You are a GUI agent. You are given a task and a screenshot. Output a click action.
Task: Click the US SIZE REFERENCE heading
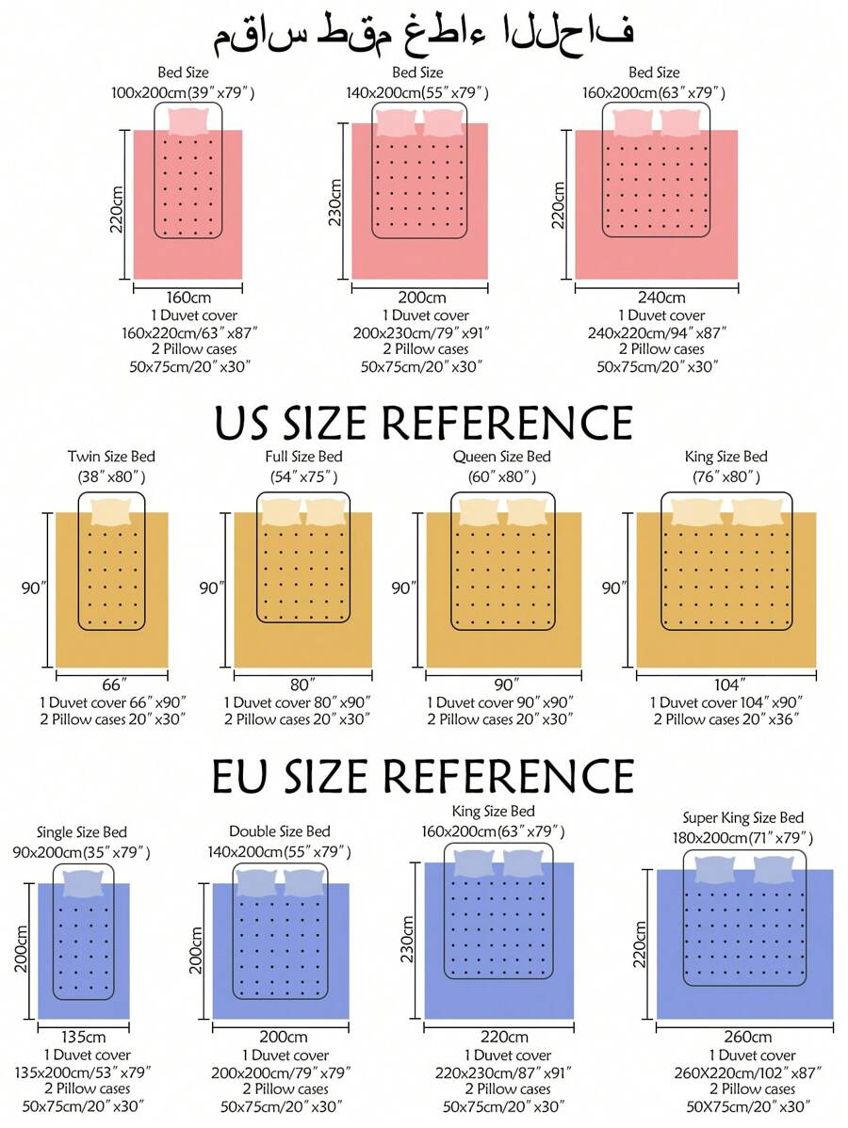[x=423, y=423]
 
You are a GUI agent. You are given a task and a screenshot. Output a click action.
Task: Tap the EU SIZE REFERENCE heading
[x=423, y=776]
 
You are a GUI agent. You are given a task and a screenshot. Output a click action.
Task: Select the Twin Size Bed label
[x=112, y=457]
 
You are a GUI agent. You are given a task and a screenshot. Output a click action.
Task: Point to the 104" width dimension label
[x=729, y=685]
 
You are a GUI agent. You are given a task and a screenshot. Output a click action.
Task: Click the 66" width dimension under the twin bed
[x=112, y=685]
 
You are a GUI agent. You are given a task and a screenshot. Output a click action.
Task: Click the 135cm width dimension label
[x=83, y=1037]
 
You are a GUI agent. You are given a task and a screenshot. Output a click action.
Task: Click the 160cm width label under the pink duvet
[x=187, y=298]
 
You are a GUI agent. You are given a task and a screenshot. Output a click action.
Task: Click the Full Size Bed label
[x=303, y=457]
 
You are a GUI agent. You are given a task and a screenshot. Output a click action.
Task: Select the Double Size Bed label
[x=280, y=831]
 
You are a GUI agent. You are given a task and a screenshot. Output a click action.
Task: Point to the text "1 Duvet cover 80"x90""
[x=298, y=702]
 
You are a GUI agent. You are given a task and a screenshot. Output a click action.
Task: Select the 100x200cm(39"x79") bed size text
[x=183, y=92]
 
